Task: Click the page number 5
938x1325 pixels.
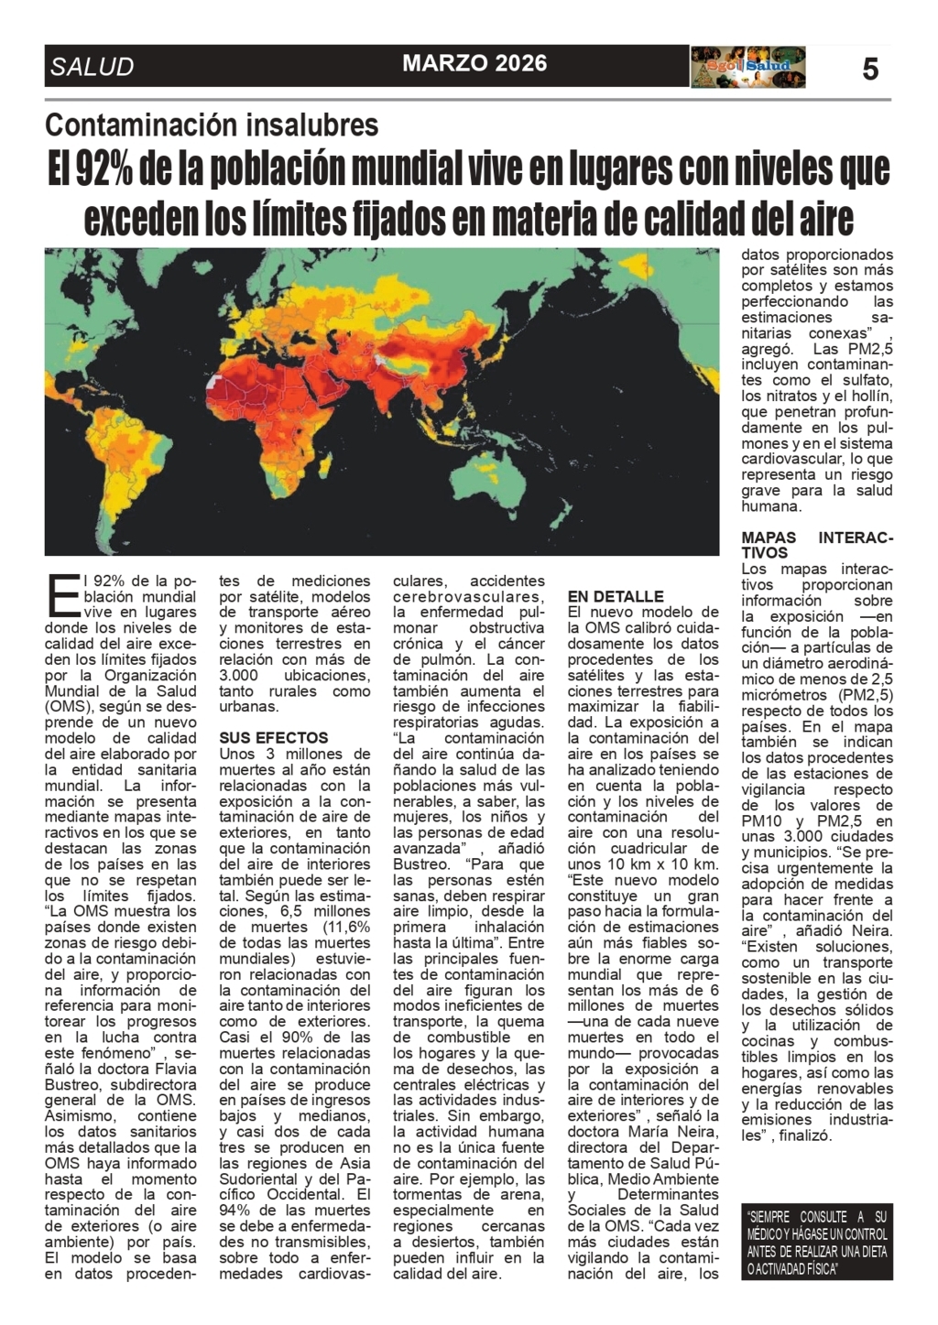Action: (869, 69)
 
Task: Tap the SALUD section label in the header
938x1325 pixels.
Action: (93, 67)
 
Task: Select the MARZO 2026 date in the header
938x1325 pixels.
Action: (474, 63)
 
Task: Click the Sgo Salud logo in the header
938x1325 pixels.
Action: (748, 67)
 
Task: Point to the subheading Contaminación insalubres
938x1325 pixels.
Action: (212, 125)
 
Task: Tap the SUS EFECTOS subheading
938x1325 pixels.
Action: (273, 737)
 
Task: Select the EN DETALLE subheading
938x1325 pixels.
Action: (616, 596)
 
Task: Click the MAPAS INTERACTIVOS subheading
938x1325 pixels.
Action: (816, 545)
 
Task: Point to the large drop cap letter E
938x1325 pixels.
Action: (61, 596)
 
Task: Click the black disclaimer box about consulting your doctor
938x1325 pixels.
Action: (816, 1242)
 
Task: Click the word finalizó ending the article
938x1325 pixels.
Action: (806, 1135)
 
